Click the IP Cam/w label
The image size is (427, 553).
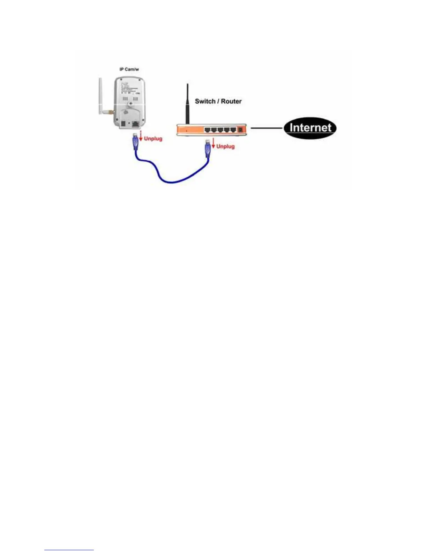pos(129,69)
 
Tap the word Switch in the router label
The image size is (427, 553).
pos(205,101)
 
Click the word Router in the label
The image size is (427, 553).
pos(231,101)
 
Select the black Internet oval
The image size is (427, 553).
pos(310,128)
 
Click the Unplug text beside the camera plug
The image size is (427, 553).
pos(153,139)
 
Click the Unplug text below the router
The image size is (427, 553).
pos(225,146)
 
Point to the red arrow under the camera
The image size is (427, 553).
pos(141,137)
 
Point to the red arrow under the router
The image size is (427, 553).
pos(213,143)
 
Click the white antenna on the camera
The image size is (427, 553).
pos(100,97)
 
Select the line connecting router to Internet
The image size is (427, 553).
pos(267,128)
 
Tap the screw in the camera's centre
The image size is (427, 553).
pos(130,104)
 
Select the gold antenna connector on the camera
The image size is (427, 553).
pos(110,113)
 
